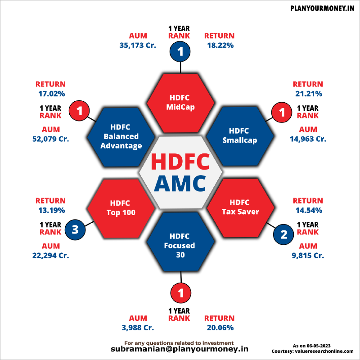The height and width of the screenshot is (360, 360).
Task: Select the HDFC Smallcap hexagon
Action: pyautogui.click(x=239, y=135)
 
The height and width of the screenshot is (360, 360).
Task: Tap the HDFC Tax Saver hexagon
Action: pyautogui.click(x=240, y=207)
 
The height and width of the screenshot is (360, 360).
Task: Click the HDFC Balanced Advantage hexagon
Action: pyautogui.click(x=121, y=135)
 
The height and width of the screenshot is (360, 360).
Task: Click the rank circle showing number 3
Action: pyautogui.click(x=75, y=230)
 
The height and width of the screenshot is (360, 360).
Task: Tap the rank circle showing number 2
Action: pyautogui.click(x=283, y=234)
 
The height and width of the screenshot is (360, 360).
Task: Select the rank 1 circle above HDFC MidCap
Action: pyautogui.click(x=180, y=52)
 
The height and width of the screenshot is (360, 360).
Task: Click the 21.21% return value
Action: pyautogui.click(x=308, y=94)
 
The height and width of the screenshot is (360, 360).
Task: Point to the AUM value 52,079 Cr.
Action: pyautogui.click(x=50, y=139)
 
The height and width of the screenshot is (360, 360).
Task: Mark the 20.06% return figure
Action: pyautogui.click(x=219, y=328)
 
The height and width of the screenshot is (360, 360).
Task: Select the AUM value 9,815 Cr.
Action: pyautogui.click(x=308, y=256)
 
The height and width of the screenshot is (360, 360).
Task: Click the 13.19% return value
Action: pyautogui.click(x=50, y=210)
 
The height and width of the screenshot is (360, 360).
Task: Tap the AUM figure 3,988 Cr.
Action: pyautogui.click(x=138, y=328)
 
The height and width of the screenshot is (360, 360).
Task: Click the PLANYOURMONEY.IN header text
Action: pyautogui.click(x=322, y=9)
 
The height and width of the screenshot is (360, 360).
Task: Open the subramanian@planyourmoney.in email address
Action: pyautogui.click(x=180, y=349)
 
